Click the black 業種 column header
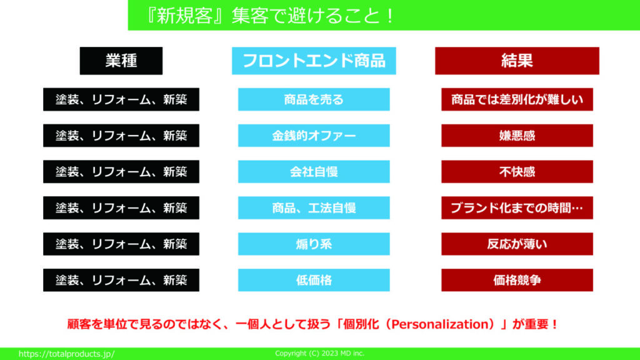point(121,61)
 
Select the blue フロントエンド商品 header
point(314,61)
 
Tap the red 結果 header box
point(517,61)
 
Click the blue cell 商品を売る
point(314,99)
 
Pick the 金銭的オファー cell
point(314,136)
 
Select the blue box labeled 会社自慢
point(314,171)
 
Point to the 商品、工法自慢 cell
point(314,207)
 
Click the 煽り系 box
point(314,244)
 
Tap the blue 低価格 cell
point(314,280)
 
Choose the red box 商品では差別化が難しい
point(517,99)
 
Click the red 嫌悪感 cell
point(517,136)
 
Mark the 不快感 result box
point(517,171)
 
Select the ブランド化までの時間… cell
point(517,207)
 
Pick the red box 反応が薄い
point(517,244)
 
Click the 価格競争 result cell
point(517,280)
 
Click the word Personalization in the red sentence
point(440,324)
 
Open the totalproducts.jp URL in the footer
point(66,354)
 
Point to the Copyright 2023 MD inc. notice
point(319,354)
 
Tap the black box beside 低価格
point(121,280)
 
